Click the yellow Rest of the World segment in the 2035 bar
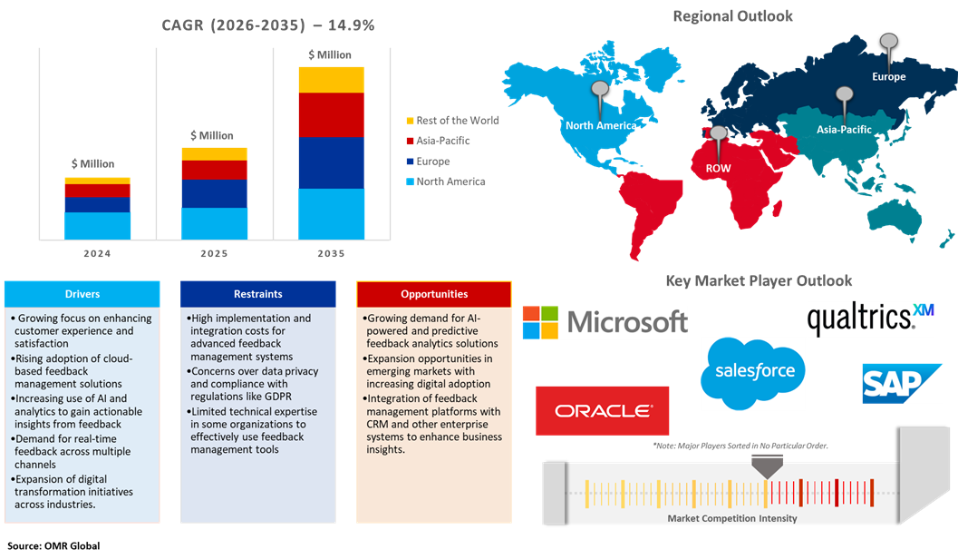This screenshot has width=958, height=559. tap(331, 80)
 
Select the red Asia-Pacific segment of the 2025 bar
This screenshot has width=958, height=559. tap(214, 170)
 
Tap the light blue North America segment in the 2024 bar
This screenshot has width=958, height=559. tap(97, 225)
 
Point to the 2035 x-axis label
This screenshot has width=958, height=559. tap(331, 254)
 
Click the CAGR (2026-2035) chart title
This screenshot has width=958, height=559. tap(267, 25)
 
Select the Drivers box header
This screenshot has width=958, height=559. tap(82, 294)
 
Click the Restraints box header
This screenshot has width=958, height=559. tap(258, 294)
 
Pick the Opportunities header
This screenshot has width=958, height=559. tap(434, 294)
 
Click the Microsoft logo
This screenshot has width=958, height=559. tap(605, 322)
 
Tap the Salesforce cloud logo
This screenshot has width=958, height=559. tap(753, 371)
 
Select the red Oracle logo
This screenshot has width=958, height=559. tap(603, 411)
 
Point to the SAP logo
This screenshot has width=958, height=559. tap(902, 383)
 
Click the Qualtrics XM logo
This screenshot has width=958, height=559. tap(869, 319)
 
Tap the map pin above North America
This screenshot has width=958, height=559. tap(599, 93)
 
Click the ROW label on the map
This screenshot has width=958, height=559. tap(718, 168)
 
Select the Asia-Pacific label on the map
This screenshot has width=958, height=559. tap(844, 130)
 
